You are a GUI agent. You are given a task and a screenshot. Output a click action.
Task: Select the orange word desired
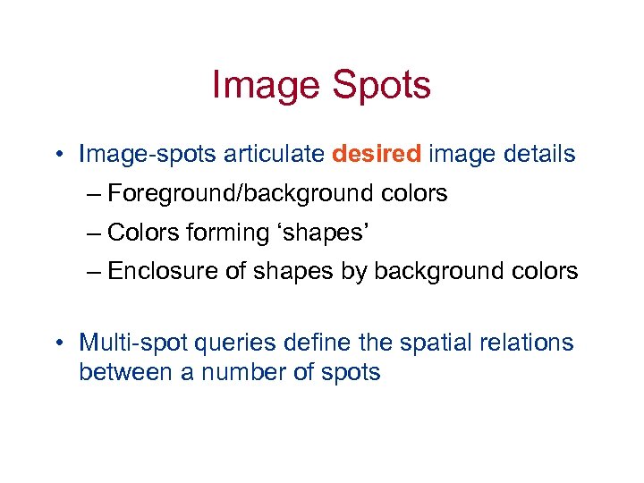[376, 154]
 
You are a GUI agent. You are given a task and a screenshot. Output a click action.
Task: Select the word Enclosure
[165, 271]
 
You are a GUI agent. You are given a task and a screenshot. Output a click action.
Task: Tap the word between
[126, 371]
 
